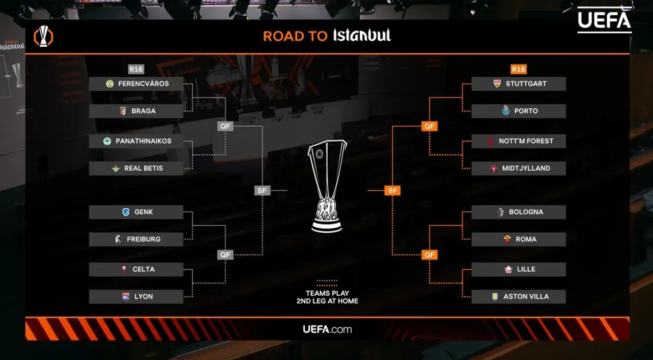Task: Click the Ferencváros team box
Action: click(136, 84)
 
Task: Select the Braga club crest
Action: click(123, 111)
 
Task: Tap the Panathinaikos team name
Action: click(144, 141)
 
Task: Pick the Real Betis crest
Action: click(116, 169)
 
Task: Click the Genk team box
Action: click(136, 212)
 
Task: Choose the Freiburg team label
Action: click(144, 239)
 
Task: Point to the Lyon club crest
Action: click(126, 296)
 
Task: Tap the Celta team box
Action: click(136, 269)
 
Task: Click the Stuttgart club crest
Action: click(497, 84)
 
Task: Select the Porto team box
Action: click(519, 111)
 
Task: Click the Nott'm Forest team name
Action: click(526, 141)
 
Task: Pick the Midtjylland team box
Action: click(519, 169)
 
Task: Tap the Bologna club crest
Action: click(501, 212)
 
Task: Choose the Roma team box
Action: click(519, 239)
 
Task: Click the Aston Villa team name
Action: click(526, 296)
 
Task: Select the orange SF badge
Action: click(392, 190)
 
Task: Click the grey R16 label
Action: click(136, 69)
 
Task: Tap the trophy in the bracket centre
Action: click(327, 187)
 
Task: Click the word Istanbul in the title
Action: click(362, 35)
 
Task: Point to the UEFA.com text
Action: click(327, 330)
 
